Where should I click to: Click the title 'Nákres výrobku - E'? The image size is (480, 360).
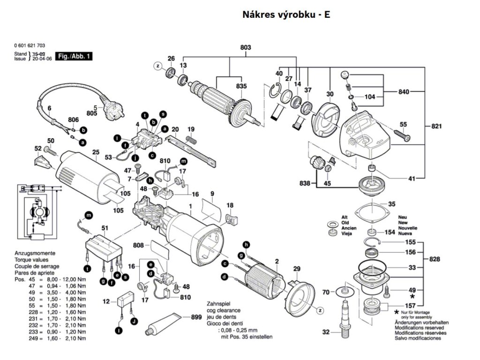(286, 15)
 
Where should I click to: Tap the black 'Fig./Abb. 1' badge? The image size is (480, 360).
(74, 57)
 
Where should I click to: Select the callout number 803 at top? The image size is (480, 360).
(246, 48)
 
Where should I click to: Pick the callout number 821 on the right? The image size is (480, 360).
(437, 127)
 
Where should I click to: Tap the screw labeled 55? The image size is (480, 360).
(401, 135)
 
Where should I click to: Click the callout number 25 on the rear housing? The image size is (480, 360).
(96, 152)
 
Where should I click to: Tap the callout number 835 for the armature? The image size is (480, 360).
(241, 86)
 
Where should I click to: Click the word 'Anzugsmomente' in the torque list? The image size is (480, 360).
(33, 253)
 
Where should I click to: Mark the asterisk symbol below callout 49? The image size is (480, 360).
(412, 297)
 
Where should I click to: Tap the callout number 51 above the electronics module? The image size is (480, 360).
(105, 228)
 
